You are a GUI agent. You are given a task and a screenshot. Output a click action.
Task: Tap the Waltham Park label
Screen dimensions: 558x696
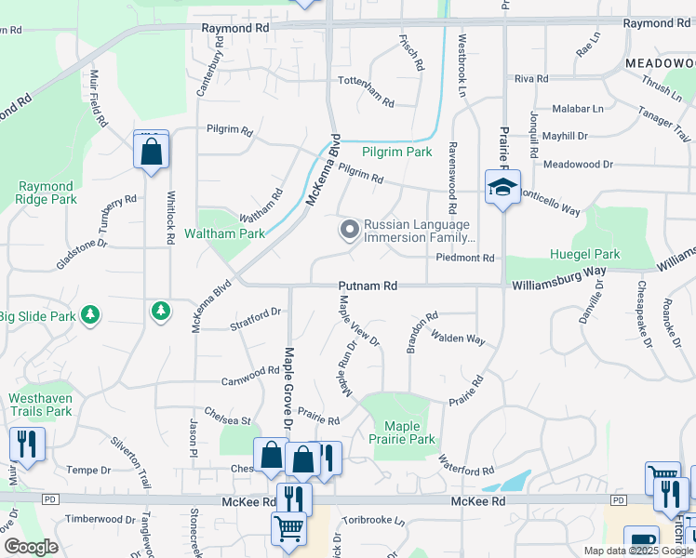224,233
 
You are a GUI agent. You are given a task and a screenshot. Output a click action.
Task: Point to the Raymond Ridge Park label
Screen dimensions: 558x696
46,193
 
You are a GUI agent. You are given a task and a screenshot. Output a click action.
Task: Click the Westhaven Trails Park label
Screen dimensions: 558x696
40,405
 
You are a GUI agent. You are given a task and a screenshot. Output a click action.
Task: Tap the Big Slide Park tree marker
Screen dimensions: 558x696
90,316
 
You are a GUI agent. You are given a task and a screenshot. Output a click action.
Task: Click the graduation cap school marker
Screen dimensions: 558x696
502,187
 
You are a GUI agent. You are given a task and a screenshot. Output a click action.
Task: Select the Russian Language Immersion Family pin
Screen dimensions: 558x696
350,228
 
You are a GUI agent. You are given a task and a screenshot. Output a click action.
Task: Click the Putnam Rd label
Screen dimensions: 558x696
368,286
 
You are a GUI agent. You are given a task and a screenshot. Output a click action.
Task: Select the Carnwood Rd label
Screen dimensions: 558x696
250,375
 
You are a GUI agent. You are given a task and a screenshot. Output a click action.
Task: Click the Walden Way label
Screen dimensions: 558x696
458,339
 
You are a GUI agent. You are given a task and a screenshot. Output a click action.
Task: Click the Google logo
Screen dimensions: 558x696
31,547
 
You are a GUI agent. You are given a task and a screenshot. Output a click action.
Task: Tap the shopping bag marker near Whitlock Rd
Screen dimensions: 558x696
152,150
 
